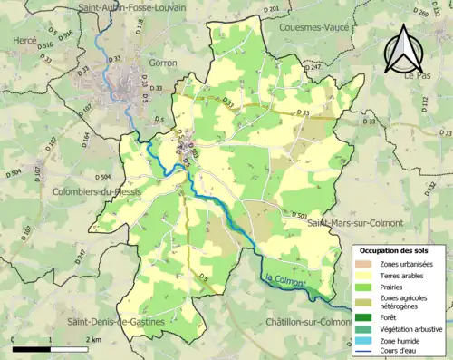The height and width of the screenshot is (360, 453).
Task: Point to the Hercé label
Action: [25, 42]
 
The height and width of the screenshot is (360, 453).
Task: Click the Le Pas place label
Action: [418, 76]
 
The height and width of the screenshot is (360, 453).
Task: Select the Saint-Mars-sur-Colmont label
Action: [353, 222]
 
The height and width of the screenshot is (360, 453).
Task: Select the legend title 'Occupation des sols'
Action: [394, 250]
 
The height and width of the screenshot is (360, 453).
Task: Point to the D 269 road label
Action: [420, 12]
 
